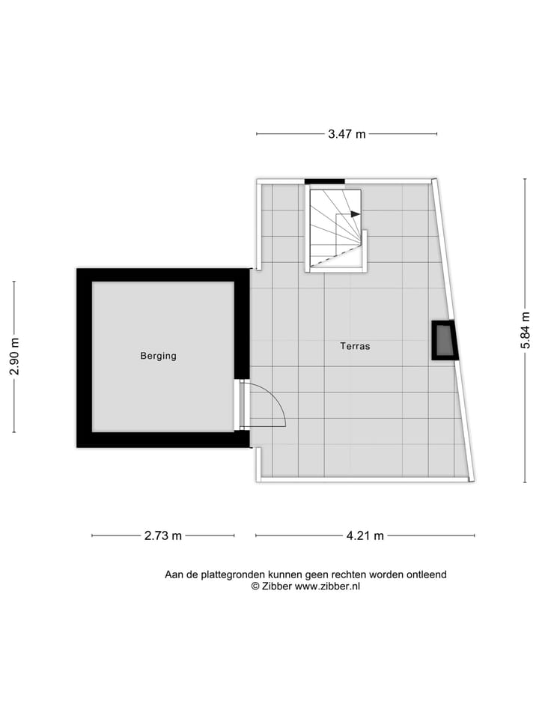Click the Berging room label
point(158,356)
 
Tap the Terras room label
point(355,346)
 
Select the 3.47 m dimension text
point(347,135)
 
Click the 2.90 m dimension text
point(14,357)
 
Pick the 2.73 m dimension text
point(162,536)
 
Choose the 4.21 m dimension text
point(365,536)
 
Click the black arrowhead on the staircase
point(355,214)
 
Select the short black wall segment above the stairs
point(324,180)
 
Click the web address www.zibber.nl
point(327,587)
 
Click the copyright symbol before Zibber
point(255,587)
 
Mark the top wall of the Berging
point(162,275)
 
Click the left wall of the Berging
point(84,358)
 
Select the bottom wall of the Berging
point(162,440)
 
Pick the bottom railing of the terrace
point(363,480)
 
